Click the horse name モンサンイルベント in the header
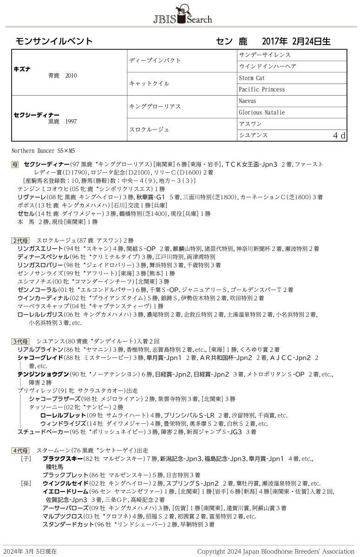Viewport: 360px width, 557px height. pos(54,41)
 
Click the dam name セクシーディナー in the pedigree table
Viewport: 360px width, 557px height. pos(37,115)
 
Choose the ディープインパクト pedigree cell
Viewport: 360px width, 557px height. pos(155,60)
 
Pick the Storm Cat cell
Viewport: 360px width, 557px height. pos(253,78)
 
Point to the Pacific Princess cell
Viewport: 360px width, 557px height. pos(262,89)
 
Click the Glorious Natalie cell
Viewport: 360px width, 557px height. pos(262,112)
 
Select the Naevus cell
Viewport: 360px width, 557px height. pos(248,101)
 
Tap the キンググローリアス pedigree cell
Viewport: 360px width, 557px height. pos(155,107)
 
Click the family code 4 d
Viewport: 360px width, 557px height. pos(339,136)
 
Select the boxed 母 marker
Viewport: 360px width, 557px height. pos(15,164)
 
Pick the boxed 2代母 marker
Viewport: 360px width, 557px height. pos(20,240)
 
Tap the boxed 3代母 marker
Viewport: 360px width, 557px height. pos(20,342)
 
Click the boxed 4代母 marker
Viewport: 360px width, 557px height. pos(20,450)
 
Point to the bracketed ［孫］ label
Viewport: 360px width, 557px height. pos(26,483)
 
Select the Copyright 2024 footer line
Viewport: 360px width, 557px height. pos(275,551)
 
